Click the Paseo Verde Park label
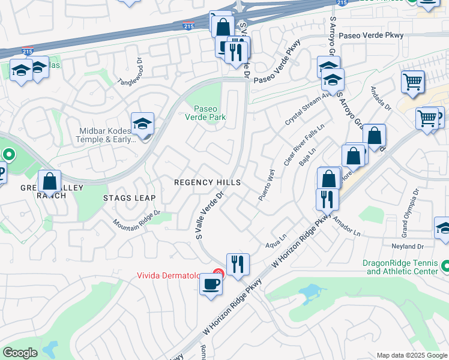[209, 113]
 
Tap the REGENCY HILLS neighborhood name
[207, 182]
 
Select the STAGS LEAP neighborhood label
[129, 198]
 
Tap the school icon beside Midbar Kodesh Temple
[143, 124]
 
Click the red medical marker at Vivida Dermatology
[218, 274]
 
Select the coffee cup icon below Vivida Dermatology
[211, 284]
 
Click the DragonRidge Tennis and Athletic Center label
[401, 267]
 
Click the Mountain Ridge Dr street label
[137, 218]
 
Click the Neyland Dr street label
[408, 247]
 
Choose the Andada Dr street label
[384, 100]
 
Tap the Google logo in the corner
[20, 353]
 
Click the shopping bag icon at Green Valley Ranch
[50, 181]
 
